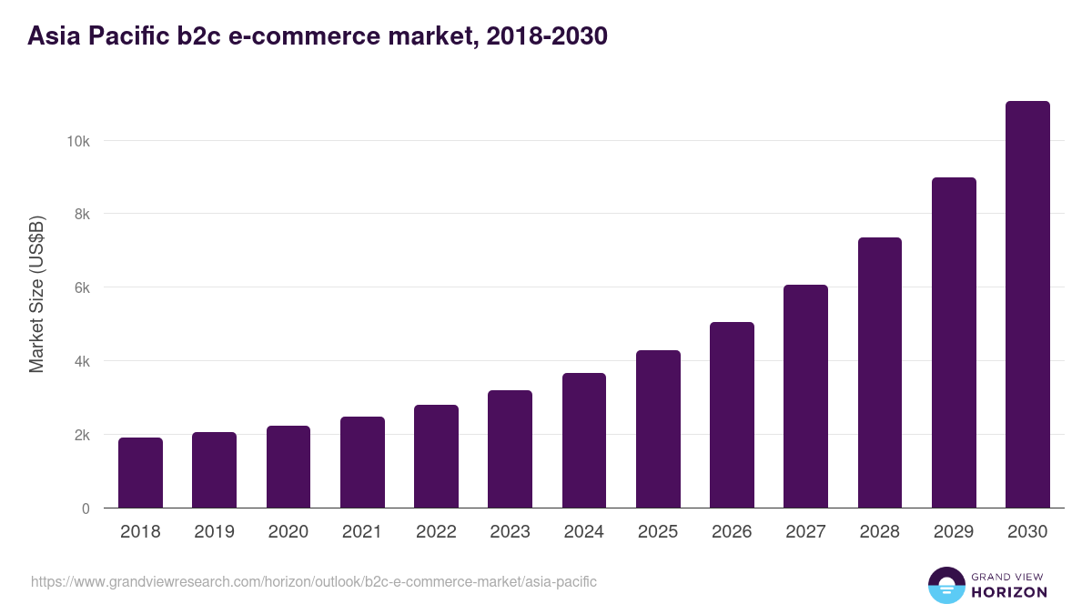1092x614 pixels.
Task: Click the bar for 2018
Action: click(140, 473)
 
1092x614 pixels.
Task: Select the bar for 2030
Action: click(1027, 305)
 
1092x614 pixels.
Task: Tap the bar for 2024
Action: click(584, 440)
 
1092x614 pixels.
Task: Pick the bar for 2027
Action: click(805, 397)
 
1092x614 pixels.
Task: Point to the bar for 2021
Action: click(362, 462)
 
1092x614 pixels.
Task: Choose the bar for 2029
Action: click(954, 343)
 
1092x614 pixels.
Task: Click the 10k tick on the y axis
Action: click(77, 141)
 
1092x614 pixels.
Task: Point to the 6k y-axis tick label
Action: click(81, 287)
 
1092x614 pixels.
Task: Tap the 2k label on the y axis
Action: click(81, 435)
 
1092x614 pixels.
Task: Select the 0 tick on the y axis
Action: click(86, 508)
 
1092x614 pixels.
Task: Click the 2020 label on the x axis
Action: click(288, 532)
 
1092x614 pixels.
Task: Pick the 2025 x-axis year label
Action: click(658, 532)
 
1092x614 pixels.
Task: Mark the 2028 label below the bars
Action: click(879, 532)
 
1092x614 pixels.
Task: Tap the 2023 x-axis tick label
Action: click(510, 532)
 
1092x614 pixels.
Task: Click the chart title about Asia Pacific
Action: click(318, 36)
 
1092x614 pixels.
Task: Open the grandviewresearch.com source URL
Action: click(314, 581)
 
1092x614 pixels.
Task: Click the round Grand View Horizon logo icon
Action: click(945, 585)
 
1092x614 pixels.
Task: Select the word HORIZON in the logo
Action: click(1009, 592)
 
